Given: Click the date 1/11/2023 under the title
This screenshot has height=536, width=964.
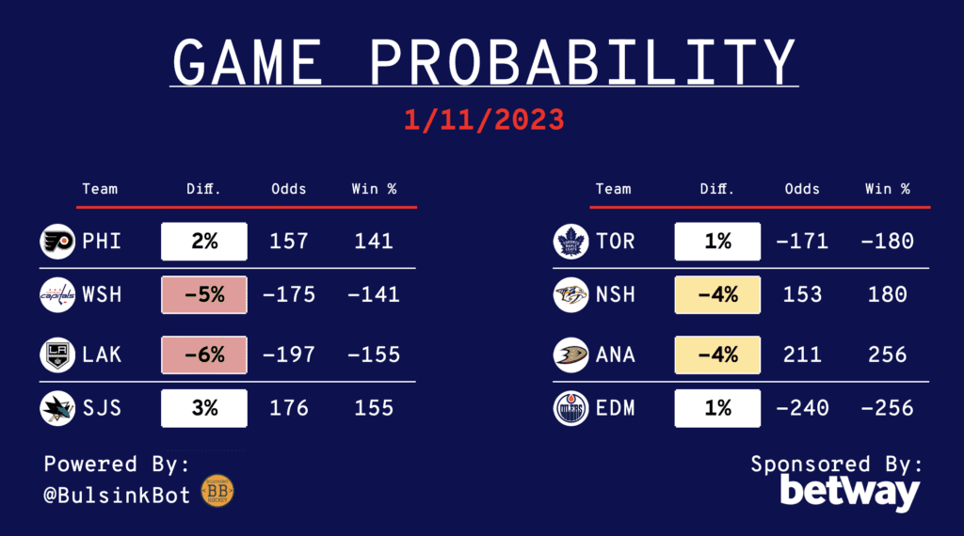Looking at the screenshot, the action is click(x=484, y=119).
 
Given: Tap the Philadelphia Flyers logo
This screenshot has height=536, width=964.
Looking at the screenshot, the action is click(x=57, y=242).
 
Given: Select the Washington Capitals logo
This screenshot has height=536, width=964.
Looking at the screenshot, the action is click(x=57, y=294).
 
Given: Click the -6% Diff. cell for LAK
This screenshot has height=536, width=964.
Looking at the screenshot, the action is click(x=204, y=355).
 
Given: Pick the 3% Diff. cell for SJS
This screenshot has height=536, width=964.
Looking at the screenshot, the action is click(x=204, y=408).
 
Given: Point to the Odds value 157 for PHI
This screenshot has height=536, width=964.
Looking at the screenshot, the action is click(x=289, y=242).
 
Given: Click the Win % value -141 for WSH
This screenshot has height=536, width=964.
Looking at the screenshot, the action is click(x=374, y=294).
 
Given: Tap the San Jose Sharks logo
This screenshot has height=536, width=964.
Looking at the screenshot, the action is click(x=57, y=408).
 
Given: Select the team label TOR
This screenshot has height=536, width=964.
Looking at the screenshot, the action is click(x=616, y=242).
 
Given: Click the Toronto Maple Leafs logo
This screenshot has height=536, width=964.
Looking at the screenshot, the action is click(x=571, y=242).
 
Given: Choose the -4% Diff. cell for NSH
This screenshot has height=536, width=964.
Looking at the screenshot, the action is click(x=717, y=294).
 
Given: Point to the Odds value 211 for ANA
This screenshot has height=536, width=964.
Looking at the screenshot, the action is click(x=802, y=355).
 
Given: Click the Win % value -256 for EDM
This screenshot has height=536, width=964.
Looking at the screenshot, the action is click(x=887, y=408).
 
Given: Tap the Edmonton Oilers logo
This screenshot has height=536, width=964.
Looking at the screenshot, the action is click(x=571, y=408).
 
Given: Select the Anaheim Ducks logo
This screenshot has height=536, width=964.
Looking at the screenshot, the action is click(x=571, y=355).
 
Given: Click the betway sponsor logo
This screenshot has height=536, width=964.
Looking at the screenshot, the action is click(x=850, y=493).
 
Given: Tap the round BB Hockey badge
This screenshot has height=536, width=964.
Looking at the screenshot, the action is click(x=217, y=491).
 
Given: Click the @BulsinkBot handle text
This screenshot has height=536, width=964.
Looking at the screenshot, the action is click(x=117, y=496).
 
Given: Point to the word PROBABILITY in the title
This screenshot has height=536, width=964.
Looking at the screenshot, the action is click(x=582, y=62).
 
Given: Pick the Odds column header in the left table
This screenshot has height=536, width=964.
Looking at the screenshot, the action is click(x=289, y=189).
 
